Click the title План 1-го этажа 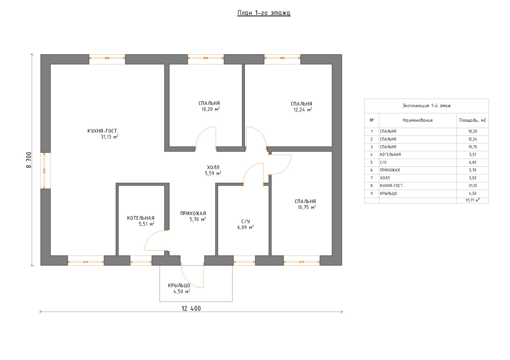(264, 13)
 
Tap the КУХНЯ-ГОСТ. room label (103, 131)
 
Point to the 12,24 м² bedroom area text (303, 110)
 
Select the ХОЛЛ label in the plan (213, 167)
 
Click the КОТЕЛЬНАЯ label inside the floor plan (141, 218)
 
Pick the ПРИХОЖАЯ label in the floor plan (193, 213)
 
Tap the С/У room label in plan (246, 221)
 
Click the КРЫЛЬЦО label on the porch (179, 286)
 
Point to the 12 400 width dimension (191, 309)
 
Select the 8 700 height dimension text (29, 160)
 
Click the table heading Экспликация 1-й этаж (427, 106)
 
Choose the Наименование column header (417, 120)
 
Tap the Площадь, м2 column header (472, 120)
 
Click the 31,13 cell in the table (473, 186)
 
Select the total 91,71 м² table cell (473, 200)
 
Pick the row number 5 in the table (372, 162)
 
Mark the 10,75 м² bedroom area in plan (307, 207)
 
